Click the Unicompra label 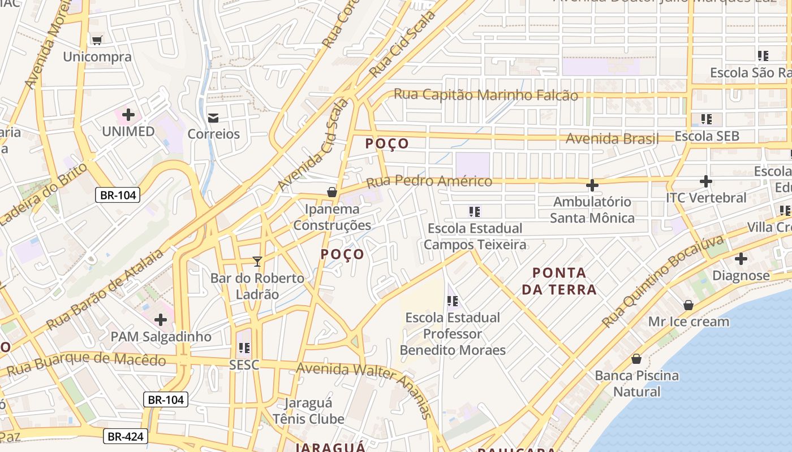coord(97,56)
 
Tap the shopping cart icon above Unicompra coord(97,40)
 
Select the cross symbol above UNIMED coord(128,115)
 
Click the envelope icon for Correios coord(213,118)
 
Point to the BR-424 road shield coord(126,436)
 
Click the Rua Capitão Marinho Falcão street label coord(485,95)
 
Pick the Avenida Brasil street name coord(612,138)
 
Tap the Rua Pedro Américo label coord(429,182)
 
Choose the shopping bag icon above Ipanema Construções coord(332,192)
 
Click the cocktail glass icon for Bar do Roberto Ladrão coord(257,261)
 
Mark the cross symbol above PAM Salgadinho coord(161,320)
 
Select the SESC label coord(244,365)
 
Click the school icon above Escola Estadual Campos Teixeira coord(475,212)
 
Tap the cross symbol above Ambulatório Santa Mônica coord(592,185)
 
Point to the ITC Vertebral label coord(705,198)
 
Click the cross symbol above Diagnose coord(741,259)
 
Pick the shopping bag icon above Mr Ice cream coord(688,305)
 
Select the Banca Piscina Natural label coord(636,383)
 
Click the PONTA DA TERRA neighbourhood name coord(559,281)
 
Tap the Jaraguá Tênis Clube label coord(308,411)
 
